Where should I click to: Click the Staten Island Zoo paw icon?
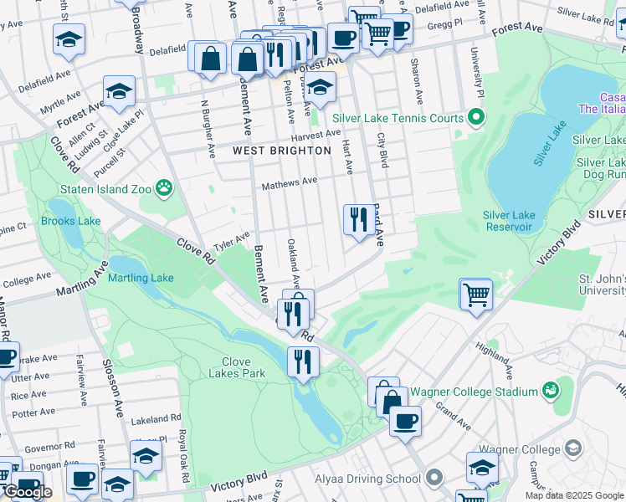click(x=164, y=189)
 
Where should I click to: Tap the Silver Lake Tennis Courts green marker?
click(x=476, y=118)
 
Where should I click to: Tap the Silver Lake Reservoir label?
click(x=508, y=221)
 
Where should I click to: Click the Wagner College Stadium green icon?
click(x=550, y=391)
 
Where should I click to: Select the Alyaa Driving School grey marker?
click(x=433, y=479)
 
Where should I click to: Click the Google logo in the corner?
click(x=28, y=492)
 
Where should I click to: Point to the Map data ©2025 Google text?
click(x=574, y=495)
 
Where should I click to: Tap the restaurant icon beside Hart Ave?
click(x=358, y=220)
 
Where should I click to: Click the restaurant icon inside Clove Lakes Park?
click(x=302, y=361)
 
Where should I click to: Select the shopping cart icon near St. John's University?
click(x=475, y=294)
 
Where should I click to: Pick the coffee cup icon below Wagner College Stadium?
click(x=405, y=421)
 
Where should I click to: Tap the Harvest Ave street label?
click(x=316, y=135)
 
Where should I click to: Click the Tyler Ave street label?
click(x=232, y=243)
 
